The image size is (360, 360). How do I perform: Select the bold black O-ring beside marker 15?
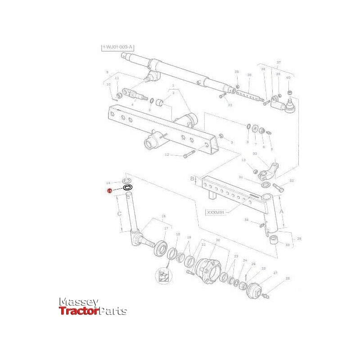point(127,187)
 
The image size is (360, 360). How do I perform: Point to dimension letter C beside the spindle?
point(120,214)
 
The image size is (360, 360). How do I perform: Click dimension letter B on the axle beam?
point(193,179)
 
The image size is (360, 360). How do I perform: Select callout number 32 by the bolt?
point(292,181)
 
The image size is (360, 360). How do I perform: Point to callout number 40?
point(288,78)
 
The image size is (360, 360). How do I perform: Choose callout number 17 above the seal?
point(166,229)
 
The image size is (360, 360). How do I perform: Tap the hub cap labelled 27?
point(254,292)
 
